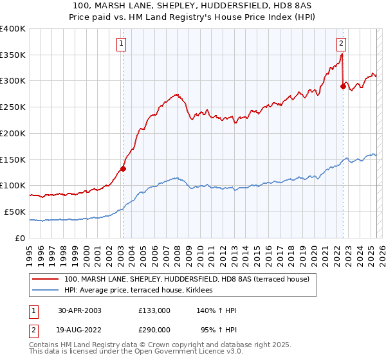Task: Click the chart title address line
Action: pos(192,5)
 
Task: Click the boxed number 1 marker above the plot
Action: pos(122,44)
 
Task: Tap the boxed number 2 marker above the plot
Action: pos(341,44)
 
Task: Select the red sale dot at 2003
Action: pos(123,169)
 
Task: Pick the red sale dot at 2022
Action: pos(342,86)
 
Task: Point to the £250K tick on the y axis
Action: pos(13,107)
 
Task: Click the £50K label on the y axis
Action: pos(15,212)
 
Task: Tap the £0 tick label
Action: pos(21,238)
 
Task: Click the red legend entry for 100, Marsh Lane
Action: pos(187,279)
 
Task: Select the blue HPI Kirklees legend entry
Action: pos(142,291)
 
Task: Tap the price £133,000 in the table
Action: pos(154,310)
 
